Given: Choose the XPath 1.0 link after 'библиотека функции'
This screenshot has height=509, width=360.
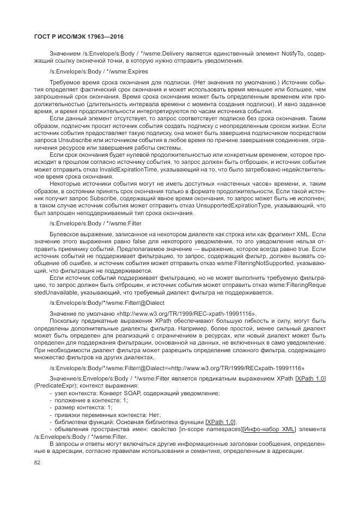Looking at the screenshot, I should [x=221, y=421].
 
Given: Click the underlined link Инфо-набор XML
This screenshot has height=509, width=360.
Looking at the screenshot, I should [x=269, y=428].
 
